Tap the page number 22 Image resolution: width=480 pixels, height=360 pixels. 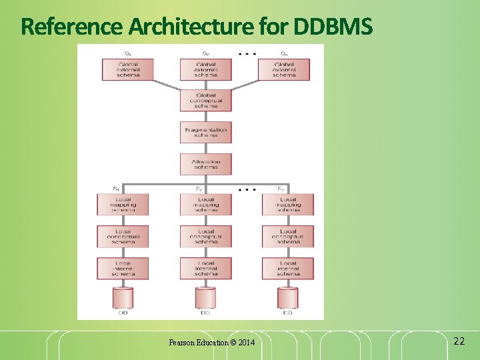459,341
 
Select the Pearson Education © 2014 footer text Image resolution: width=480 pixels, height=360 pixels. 211,343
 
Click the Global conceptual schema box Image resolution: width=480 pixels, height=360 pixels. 205,101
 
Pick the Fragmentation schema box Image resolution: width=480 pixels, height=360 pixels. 205,132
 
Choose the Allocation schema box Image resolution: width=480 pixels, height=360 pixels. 205,164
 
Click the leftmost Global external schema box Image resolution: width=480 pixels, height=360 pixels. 128,69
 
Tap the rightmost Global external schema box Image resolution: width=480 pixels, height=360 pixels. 283,69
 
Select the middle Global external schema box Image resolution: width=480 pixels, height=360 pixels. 205,69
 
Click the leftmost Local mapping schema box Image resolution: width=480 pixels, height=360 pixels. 123,204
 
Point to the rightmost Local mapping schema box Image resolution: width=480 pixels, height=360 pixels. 288,204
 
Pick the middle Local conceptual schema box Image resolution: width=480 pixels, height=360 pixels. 205,236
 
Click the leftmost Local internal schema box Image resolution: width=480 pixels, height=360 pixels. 123,268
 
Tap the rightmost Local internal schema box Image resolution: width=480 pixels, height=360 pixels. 288,268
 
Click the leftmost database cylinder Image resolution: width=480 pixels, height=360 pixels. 123,297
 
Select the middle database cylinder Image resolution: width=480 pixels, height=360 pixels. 205,297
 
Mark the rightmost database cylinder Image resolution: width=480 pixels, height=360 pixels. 288,297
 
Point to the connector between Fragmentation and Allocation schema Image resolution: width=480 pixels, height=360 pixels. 205,148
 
